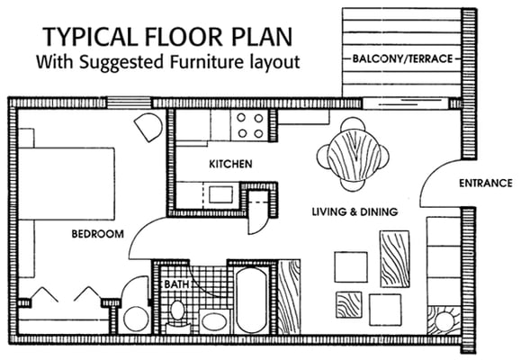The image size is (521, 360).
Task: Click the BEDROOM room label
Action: [97, 235]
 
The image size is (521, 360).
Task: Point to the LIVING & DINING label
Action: [355, 212]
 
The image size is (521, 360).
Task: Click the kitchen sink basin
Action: [219, 193]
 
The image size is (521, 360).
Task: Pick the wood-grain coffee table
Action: [395, 257]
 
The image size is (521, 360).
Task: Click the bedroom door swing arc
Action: [144, 236]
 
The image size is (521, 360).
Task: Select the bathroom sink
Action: [213, 320]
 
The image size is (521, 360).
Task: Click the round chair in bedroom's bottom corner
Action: [137, 317]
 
